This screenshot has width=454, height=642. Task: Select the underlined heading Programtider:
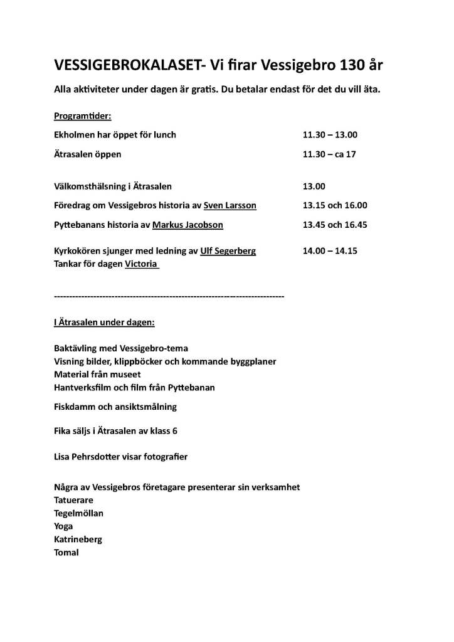point(83,117)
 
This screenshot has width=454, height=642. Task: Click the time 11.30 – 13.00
point(330,135)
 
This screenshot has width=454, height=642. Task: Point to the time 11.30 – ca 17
point(329,154)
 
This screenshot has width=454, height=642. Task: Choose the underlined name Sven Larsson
point(230,205)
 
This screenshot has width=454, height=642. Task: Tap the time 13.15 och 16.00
point(335,205)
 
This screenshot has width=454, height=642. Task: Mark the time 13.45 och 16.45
point(335,224)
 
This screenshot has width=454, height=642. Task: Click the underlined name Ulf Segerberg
point(228,251)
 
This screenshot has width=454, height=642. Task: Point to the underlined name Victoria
point(142,264)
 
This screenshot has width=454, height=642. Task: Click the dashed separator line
point(169,295)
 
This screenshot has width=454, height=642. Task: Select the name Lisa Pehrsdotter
point(93,457)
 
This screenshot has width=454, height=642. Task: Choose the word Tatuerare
point(73,500)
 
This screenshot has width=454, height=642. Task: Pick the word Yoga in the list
point(63,526)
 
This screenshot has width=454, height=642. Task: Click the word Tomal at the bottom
point(66,552)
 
